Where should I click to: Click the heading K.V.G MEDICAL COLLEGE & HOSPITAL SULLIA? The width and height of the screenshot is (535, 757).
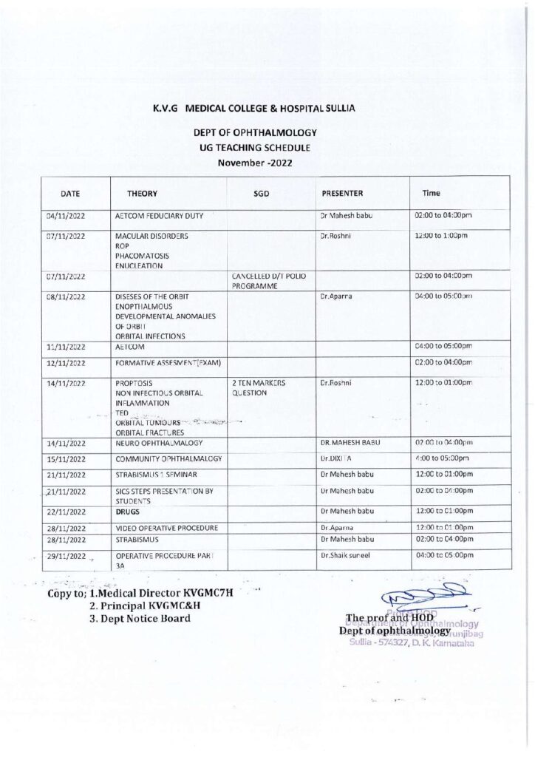coord(253,108)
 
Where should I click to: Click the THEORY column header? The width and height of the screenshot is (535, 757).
coord(142,193)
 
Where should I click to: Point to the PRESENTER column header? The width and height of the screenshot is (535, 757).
coord(342,193)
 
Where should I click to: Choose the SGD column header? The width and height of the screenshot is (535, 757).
coord(261,193)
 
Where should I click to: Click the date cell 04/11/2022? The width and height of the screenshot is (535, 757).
coord(67,217)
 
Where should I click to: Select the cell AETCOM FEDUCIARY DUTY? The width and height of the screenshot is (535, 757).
coord(160,217)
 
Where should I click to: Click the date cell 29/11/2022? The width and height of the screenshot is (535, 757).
coord(66,555)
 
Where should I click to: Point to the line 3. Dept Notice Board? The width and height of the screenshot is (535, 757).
coord(140,618)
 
